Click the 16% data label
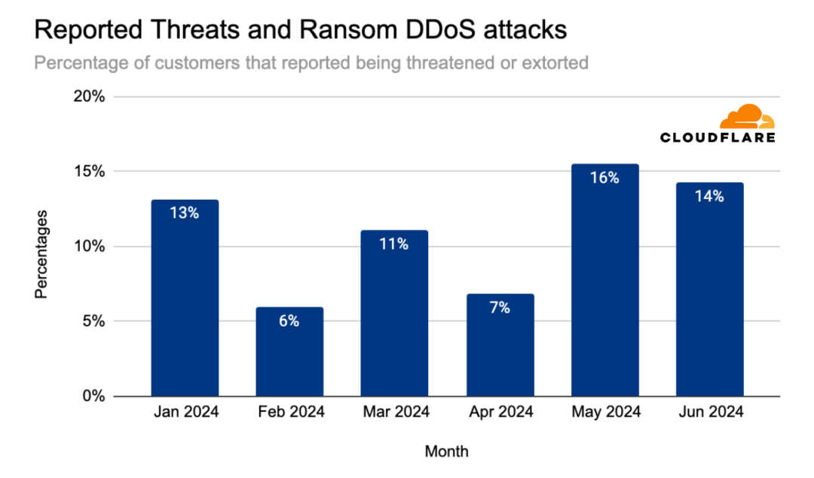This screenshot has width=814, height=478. [604, 179]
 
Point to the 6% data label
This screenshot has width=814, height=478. [289, 321]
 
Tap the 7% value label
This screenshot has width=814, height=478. [500, 308]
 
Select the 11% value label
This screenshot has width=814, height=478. [394, 244]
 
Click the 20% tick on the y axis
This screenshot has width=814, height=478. [89, 97]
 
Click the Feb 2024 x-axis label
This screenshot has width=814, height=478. [289, 412]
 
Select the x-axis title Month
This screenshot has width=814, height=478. [446, 452]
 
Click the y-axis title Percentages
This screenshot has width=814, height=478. [41, 253]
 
